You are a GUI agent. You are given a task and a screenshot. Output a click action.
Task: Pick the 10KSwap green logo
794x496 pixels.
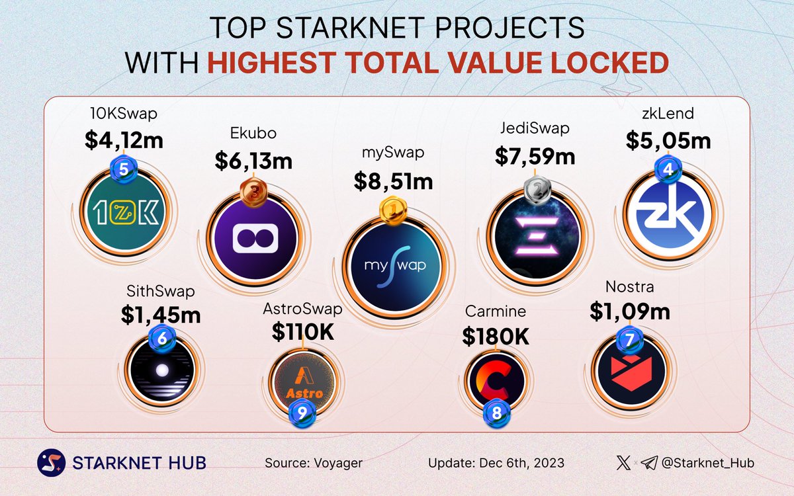(123, 214)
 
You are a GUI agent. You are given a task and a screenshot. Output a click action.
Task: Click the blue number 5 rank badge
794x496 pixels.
(123, 169)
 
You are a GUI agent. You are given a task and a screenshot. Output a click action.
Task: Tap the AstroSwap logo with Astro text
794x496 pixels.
(303, 383)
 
